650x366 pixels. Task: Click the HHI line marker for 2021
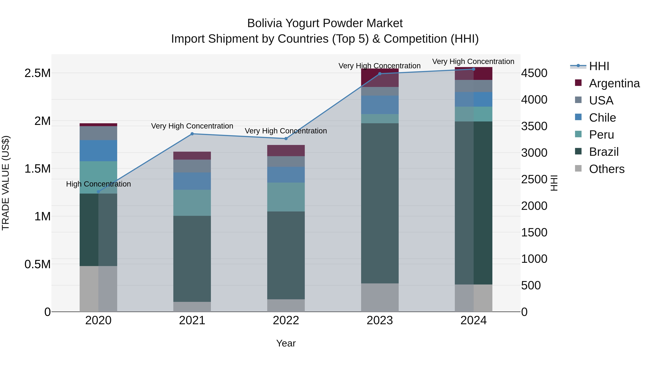[x=192, y=134]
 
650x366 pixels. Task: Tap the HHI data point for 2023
[x=380, y=74]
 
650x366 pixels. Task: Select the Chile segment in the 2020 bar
[x=98, y=151]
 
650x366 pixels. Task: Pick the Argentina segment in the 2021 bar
[x=192, y=156]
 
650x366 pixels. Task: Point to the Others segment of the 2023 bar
[x=380, y=297]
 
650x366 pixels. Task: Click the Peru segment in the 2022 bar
[x=286, y=197]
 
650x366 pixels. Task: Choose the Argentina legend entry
[x=614, y=83]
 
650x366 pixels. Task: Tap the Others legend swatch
[x=578, y=168]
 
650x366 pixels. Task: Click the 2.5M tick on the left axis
[x=37, y=73]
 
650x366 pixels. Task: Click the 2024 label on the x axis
[x=473, y=320]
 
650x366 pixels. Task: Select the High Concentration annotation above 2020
[x=98, y=184]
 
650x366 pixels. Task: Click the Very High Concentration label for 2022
[x=286, y=131]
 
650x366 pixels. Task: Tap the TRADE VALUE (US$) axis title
[x=6, y=183]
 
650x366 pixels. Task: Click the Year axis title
[x=286, y=343]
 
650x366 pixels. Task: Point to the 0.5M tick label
[x=37, y=264]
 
